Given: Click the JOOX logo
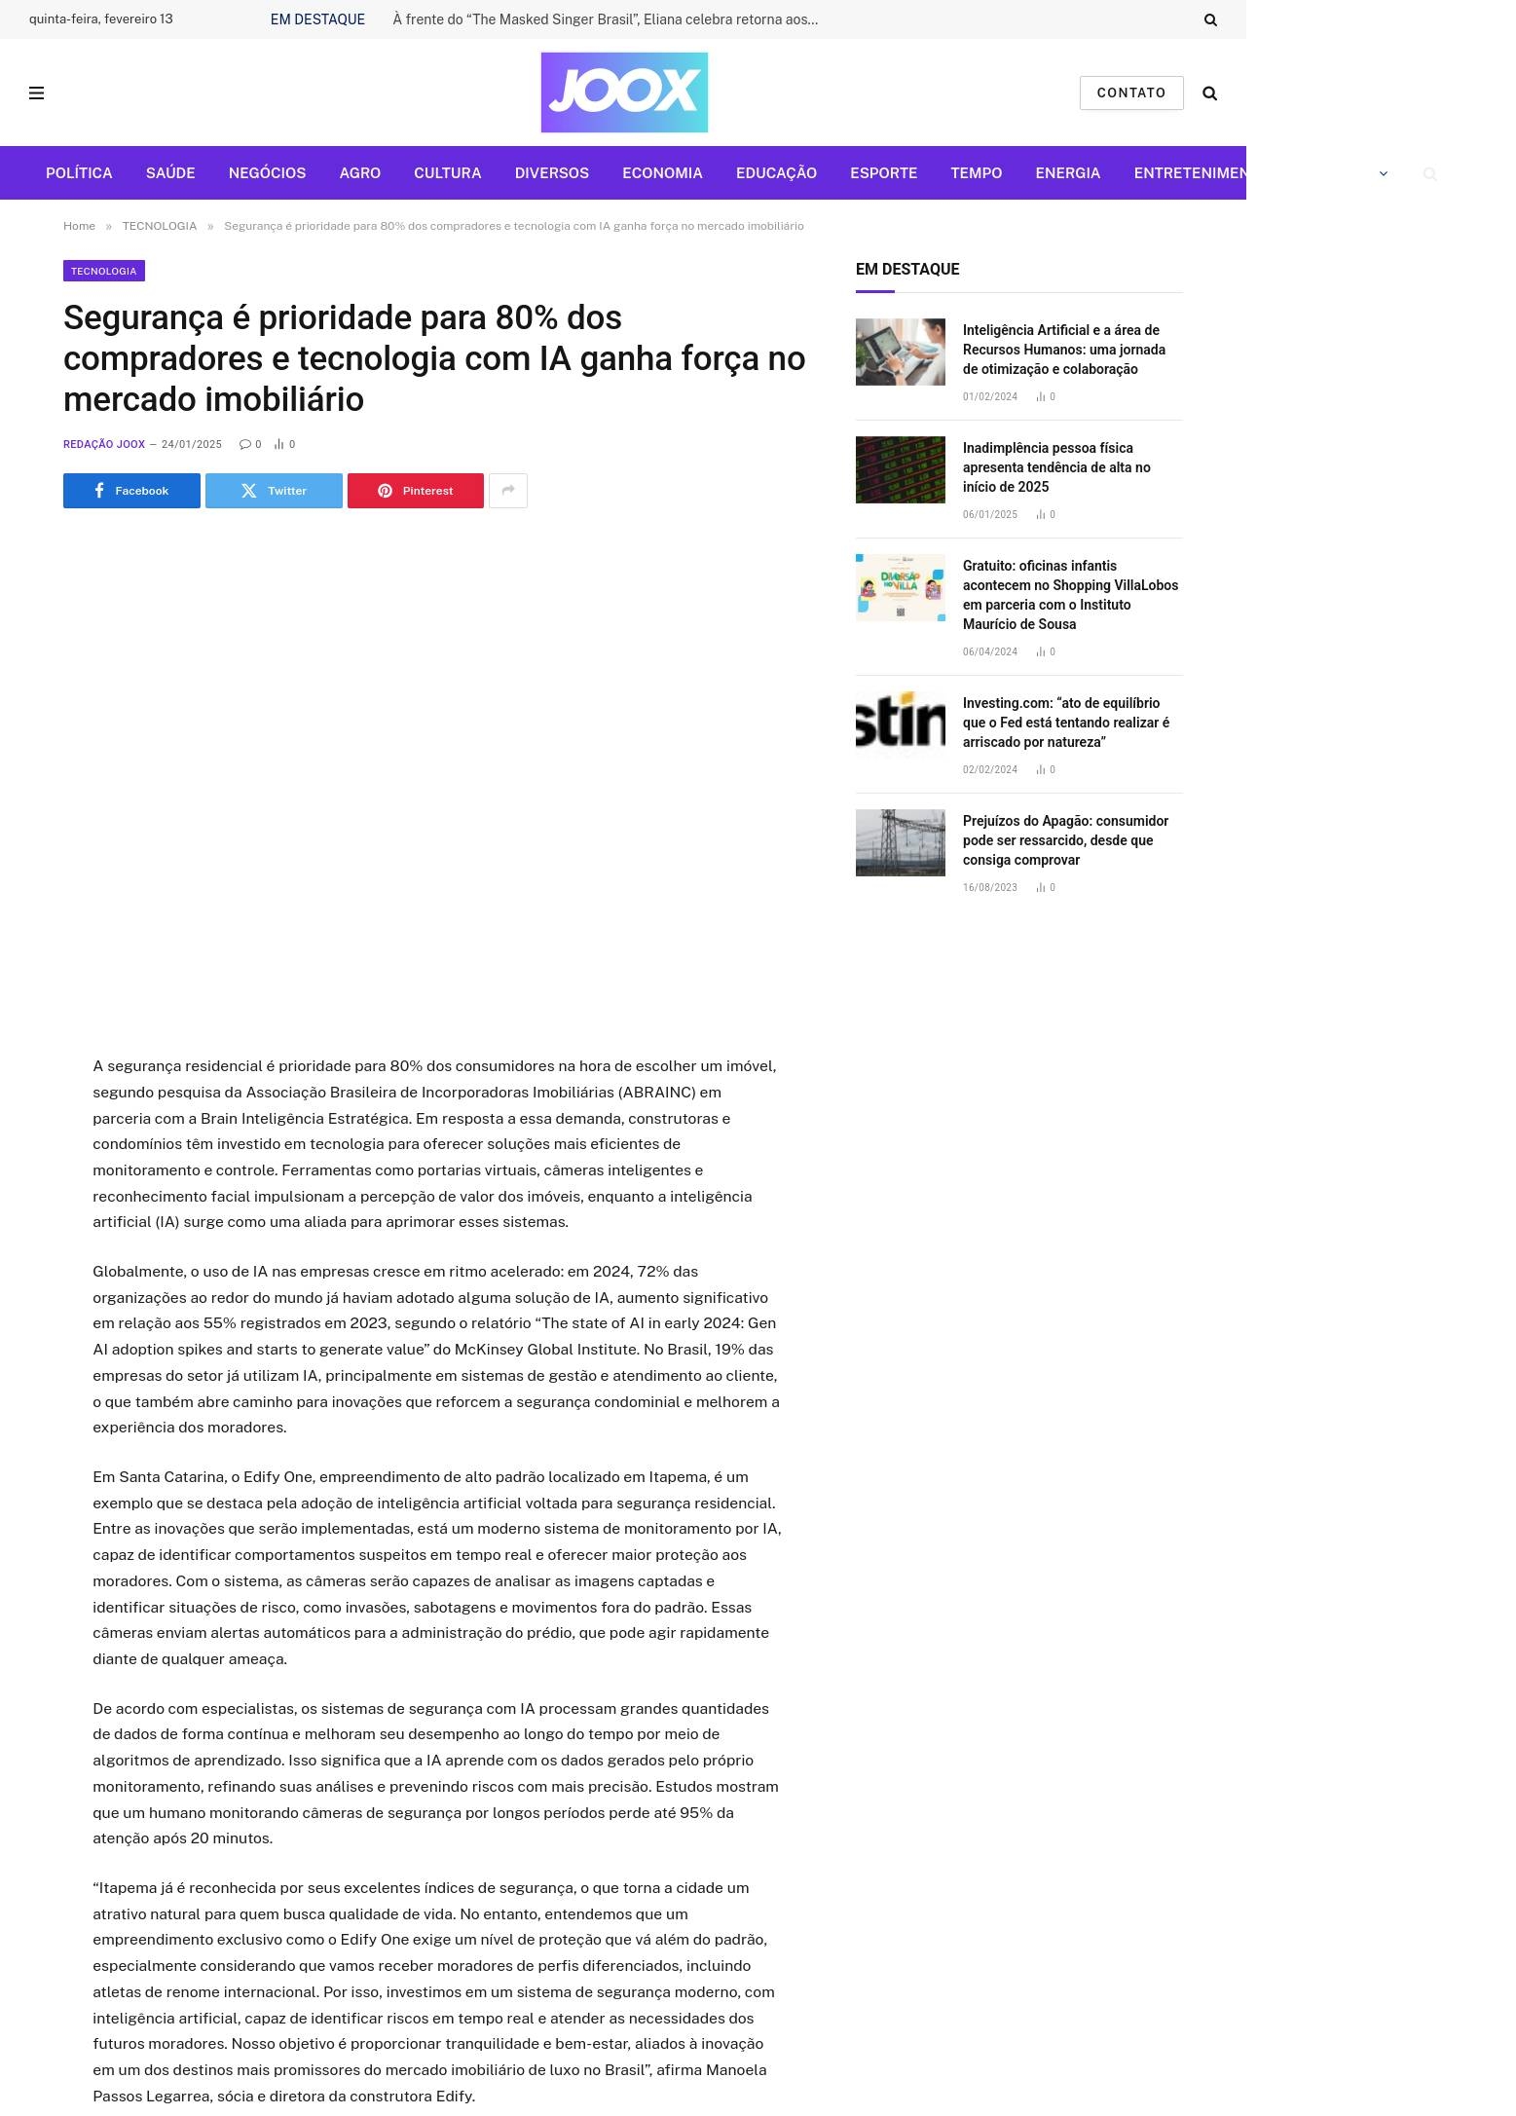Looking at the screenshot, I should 623,93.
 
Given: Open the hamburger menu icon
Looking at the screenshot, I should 37,93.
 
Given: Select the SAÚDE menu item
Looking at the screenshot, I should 170,173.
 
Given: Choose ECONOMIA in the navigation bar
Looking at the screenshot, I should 662,173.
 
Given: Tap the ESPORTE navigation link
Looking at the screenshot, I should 883,173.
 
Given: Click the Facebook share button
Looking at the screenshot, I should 131,491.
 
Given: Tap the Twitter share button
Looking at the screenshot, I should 274,491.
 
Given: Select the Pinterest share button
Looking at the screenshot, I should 415,491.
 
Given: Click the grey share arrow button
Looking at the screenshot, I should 507,491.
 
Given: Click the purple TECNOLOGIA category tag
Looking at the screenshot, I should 103,271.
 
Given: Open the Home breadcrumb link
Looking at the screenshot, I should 79,226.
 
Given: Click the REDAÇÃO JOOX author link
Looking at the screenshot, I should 104,444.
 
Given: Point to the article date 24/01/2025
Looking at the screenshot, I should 192,444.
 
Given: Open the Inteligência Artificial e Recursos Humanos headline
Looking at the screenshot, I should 1063,350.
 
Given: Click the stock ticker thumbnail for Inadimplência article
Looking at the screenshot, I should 900,469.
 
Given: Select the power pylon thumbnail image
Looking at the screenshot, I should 900,842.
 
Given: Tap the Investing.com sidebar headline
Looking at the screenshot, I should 1066,723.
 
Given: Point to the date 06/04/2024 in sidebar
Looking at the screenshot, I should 989,652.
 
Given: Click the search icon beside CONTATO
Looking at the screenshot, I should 1209,93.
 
